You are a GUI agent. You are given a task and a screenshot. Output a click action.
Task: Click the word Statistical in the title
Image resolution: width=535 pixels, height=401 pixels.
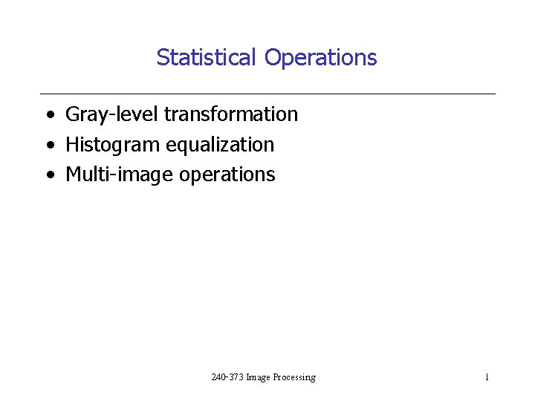(x=206, y=57)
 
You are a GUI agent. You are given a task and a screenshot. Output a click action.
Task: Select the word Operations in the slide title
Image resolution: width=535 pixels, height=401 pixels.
(x=320, y=58)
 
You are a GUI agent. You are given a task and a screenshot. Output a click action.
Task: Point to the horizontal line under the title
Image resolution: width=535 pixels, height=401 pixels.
(x=267, y=94)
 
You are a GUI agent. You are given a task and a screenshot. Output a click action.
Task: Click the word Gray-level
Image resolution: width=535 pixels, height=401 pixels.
(x=112, y=114)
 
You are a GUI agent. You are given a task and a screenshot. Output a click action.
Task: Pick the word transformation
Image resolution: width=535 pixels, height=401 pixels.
(x=230, y=114)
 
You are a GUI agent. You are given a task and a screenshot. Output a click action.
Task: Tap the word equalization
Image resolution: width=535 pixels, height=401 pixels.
(x=220, y=145)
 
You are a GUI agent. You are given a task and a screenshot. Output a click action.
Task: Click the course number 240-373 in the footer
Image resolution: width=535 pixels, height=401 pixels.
(x=227, y=377)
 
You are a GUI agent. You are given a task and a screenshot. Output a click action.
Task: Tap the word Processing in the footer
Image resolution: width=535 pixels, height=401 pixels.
(x=294, y=377)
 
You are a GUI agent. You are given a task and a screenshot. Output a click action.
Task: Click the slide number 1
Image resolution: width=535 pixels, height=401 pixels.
(x=487, y=377)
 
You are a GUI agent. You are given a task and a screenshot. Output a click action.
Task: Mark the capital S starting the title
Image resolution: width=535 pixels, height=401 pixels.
(x=162, y=57)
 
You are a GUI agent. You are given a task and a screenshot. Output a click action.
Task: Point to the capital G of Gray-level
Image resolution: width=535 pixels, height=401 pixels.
(x=73, y=114)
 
